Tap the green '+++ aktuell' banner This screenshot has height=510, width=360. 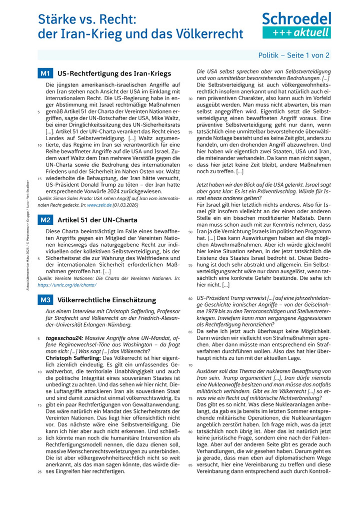(x=296, y=33)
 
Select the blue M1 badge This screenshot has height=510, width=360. (x=45, y=74)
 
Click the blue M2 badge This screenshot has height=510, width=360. (x=45, y=220)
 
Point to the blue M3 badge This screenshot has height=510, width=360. (x=45, y=300)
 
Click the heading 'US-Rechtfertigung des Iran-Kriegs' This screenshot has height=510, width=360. (x=114, y=74)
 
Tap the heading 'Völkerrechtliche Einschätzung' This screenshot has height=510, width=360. (x=106, y=300)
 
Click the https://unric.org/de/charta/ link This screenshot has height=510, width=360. (x=67, y=285)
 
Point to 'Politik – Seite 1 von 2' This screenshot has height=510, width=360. (x=293, y=56)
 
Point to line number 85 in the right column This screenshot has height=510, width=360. (x=190, y=465)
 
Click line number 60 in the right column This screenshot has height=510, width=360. (x=190, y=299)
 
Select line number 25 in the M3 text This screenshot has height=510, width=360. (x=39, y=471)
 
